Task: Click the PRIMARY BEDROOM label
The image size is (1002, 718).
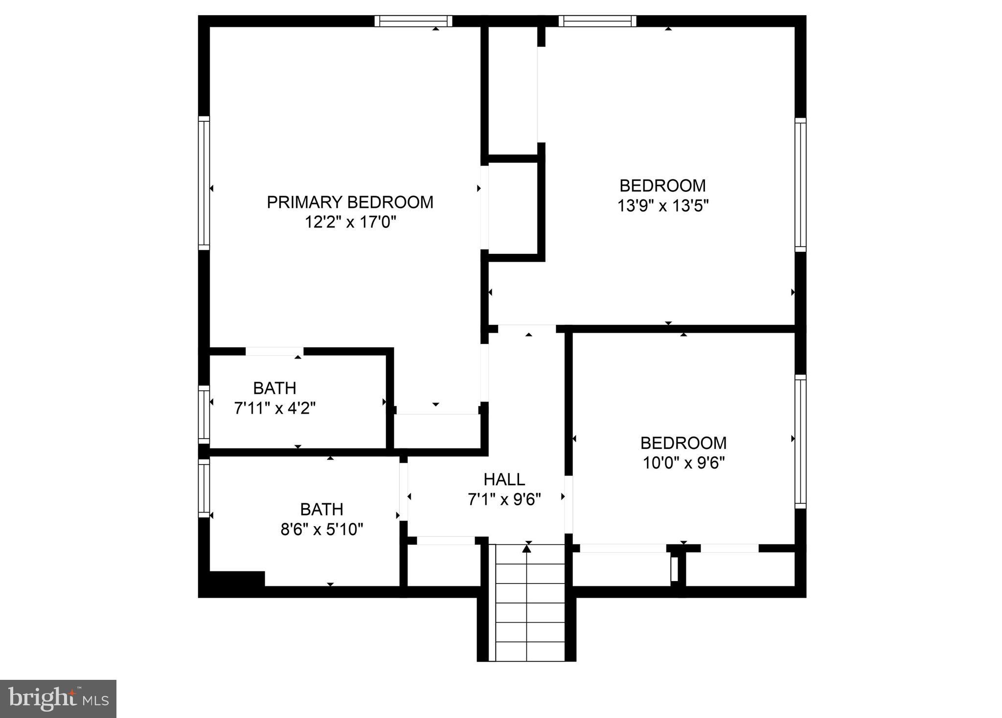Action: point(350,202)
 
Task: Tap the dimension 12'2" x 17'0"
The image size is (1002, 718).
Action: point(350,223)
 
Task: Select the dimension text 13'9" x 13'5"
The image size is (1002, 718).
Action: point(662,206)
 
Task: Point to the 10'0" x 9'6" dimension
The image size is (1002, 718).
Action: point(683,463)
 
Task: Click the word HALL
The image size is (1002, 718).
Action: point(504,479)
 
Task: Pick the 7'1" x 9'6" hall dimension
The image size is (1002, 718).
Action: point(504,499)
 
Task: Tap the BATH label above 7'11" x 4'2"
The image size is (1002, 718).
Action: point(274,388)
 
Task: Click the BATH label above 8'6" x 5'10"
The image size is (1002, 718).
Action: point(321,509)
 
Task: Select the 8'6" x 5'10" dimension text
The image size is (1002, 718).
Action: point(321,529)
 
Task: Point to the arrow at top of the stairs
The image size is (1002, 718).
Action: point(526,549)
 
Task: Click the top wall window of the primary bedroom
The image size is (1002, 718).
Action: point(413,21)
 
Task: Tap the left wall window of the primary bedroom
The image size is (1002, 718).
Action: point(204,183)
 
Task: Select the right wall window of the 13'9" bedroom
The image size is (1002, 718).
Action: point(800,184)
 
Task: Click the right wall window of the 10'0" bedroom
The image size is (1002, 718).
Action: point(800,442)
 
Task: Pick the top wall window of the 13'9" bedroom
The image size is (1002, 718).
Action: point(597,21)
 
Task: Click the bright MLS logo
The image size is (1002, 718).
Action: point(58,698)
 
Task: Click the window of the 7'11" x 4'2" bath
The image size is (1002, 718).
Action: point(204,414)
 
